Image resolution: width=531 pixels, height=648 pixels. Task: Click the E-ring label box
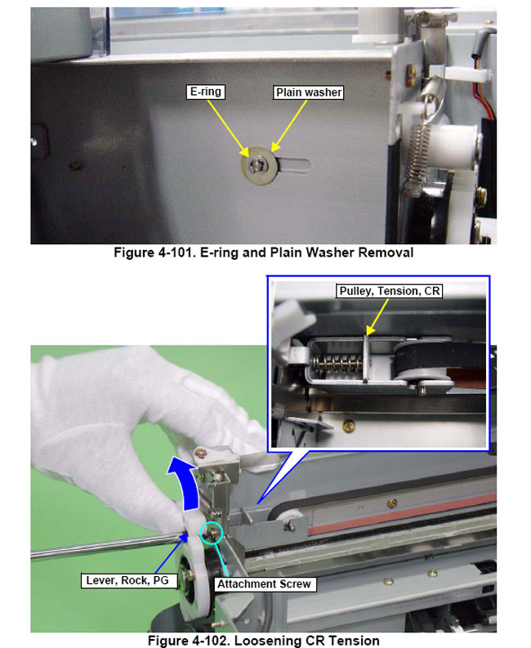(205, 92)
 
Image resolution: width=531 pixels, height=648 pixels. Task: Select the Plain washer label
(307, 92)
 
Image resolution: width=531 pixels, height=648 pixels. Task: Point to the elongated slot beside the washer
(297, 163)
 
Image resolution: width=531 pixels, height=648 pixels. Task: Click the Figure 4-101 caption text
(263, 252)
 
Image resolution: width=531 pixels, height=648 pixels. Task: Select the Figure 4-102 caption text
(263, 640)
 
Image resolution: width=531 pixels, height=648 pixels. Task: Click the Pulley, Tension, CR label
(389, 291)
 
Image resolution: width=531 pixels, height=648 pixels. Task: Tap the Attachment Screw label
(264, 584)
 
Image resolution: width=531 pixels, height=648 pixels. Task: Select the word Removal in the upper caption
(389, 252)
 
